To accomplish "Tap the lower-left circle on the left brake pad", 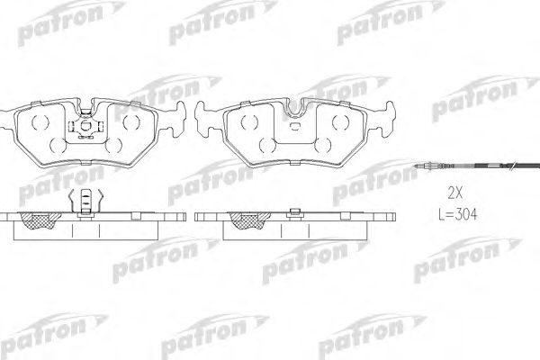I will point(54,144).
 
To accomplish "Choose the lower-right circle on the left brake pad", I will point(118,144).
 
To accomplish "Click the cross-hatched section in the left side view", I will point(40,220).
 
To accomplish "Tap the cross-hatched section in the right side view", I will point(243,220).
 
